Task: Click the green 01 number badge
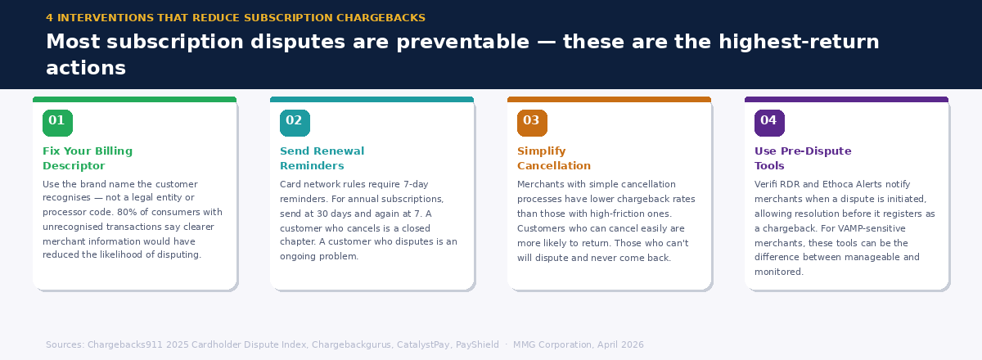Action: coord(57,122)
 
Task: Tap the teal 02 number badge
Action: coord(295,122)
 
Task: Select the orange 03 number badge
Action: coord(532,122)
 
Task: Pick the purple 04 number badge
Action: coord(769,122)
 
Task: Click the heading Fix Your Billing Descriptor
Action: coord(87,159)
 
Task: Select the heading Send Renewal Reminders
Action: coord(322,159)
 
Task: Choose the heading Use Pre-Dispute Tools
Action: coord(802,159)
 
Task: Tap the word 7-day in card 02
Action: coord(435,184)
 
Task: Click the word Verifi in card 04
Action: coord(768,184)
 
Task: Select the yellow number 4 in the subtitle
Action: coord(49,18)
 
